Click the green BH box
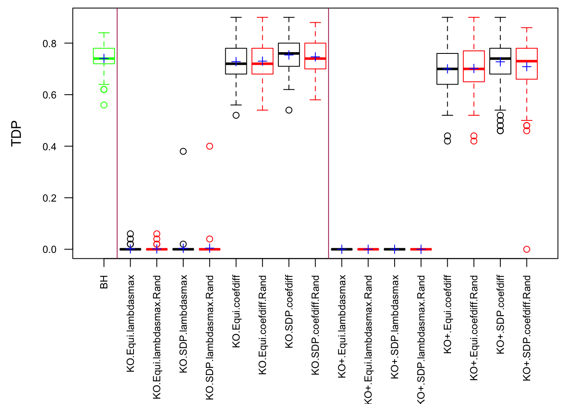(x=104, y=56)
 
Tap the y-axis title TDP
(x=16, y=133)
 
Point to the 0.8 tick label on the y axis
(x=49, y=43)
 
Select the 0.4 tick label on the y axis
(x=49, y=146)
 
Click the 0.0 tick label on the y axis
(x=49, y=250)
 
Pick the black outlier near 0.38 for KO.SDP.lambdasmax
(x=183, y=151)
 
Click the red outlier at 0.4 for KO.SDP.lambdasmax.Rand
(x=210, y=146)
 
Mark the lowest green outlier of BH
(x=104, y=105)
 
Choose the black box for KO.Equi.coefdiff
(x=236, y=61)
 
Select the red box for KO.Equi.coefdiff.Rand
(x=262, y=61)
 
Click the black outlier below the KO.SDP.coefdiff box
(x=289, y=110)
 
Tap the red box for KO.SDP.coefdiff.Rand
(x=315, y=56)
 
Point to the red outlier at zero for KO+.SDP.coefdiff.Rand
(x=527, y=250)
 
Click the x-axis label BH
(x=104, y=282)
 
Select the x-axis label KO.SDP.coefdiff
(x=289, y=312)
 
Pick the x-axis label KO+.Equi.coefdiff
(x=448, y=314)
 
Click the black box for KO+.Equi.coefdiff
(x=448, y=69)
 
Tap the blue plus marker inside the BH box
(x=104, y=58)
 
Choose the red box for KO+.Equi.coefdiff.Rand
(x=474, y=66)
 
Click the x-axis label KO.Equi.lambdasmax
(x=131, y=324)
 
